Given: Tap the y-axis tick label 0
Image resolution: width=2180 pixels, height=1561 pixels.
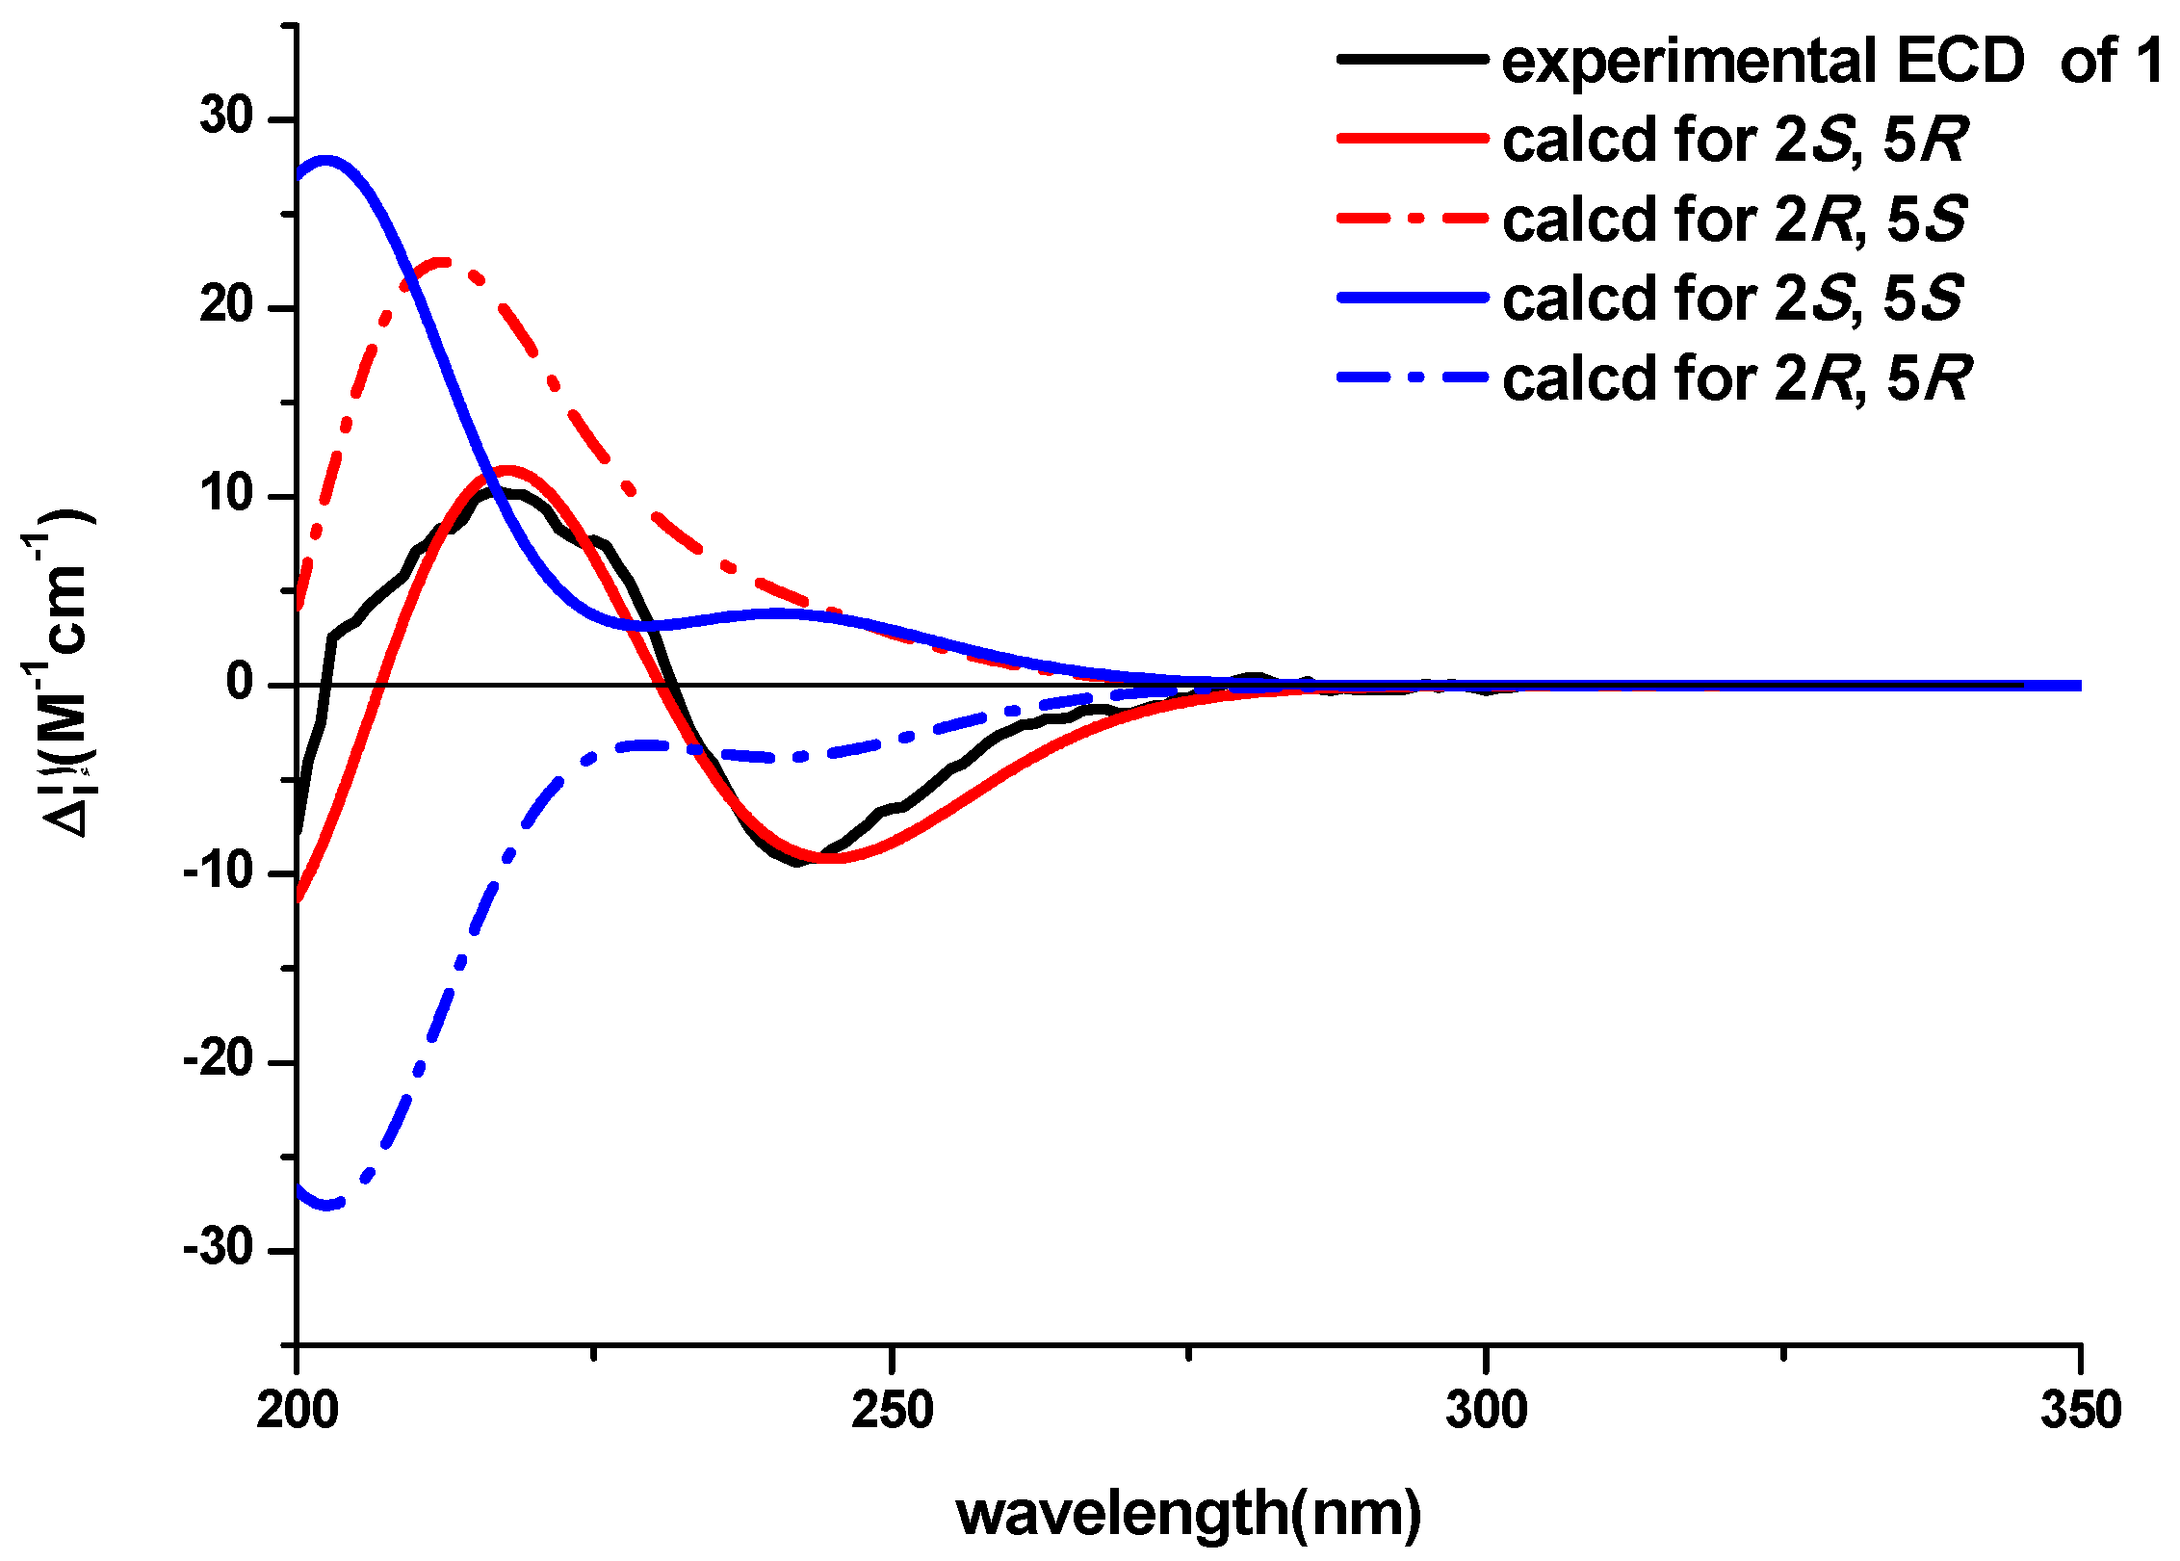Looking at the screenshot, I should pyautogui.click(x=240, y=683).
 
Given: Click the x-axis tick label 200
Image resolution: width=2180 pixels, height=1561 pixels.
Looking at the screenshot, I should pyautogui.click(x=298, y=1411).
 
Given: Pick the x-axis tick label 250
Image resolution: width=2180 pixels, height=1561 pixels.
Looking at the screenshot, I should pyautogui.click(x=893, y=1411).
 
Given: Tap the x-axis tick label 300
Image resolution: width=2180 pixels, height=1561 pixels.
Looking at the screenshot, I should pyautogui.click(x=1487, y=1411).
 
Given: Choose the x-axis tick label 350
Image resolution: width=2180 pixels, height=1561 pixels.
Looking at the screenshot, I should pyautogui.click(x=2081, y=1411).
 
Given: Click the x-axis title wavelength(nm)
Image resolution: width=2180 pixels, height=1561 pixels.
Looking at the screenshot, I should pyautogui.click(x=1188, y=1513).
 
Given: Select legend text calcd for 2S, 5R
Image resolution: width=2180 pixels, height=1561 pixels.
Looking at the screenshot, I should pyautogui.click(x=1733, y=141).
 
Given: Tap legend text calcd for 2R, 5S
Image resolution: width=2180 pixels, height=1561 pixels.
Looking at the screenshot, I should pyautogui.click(x=1733, y=220).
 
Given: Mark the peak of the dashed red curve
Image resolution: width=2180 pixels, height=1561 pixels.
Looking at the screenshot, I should pyautogui.click(x=441, y=261).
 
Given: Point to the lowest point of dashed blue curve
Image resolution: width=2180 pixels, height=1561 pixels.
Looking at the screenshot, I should pyautogui.click(x=327, y=1206).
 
